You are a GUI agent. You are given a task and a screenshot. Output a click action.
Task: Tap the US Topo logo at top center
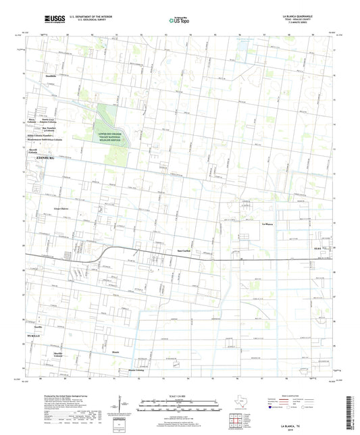[x=178, y=20]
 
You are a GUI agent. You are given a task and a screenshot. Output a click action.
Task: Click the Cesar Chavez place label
[x=61, y=209]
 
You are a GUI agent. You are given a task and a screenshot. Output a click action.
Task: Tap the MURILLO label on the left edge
[x=34, y=335]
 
